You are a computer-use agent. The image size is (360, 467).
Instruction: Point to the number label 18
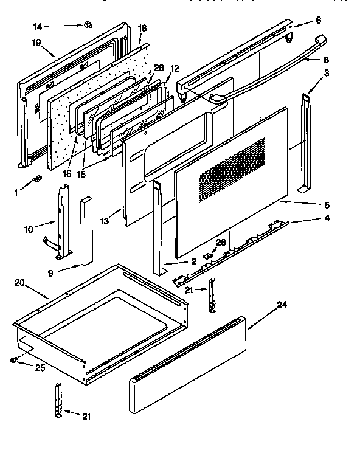[142, 28]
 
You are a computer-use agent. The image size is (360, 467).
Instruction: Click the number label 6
[318, 20]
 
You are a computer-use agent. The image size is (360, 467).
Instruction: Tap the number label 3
[327, 72]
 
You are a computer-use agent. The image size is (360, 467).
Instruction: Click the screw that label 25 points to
[13, 360]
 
